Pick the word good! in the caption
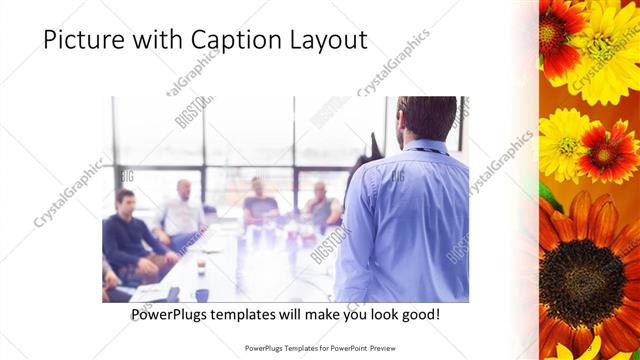[x=417, y=314]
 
